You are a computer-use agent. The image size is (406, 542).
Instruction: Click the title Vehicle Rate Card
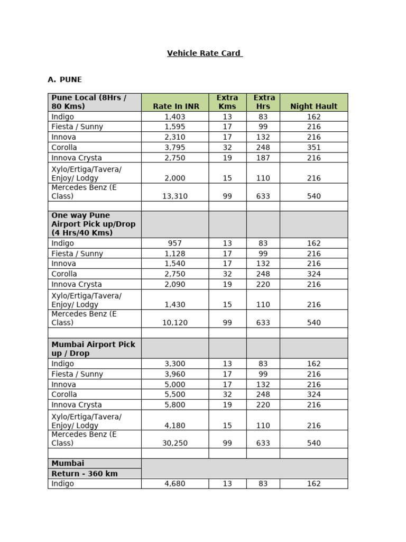pos(205,53)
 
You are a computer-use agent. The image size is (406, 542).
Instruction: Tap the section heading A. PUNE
pos(64,79)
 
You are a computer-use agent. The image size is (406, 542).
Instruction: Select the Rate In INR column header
pos(176,106)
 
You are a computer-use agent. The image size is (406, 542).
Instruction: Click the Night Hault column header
pos(313,106)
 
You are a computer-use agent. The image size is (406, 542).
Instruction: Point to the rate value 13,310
pos(176,196)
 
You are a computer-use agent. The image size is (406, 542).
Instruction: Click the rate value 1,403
pos(176,116)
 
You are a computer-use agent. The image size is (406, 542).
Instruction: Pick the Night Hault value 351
pos(313,147)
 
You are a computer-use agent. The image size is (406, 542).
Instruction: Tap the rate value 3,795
pos(176,147)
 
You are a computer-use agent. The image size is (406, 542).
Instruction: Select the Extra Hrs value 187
pos(263,158)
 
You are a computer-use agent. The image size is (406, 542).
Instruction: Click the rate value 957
pos(176,243)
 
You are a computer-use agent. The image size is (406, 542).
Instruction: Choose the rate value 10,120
pos(176,322)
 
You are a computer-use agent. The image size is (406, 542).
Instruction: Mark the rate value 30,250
pos(176,443)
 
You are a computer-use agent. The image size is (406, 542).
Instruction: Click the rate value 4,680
pos(176,483)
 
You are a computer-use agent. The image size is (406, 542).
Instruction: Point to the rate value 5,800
pos(176,404)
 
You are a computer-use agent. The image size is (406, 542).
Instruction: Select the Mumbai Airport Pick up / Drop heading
pos(93,348)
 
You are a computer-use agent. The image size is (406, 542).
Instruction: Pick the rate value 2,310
pos(176,137)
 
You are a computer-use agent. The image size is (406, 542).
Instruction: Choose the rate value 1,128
pos(176,254)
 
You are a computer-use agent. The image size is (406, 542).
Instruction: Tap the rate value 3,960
pos(176,374)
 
